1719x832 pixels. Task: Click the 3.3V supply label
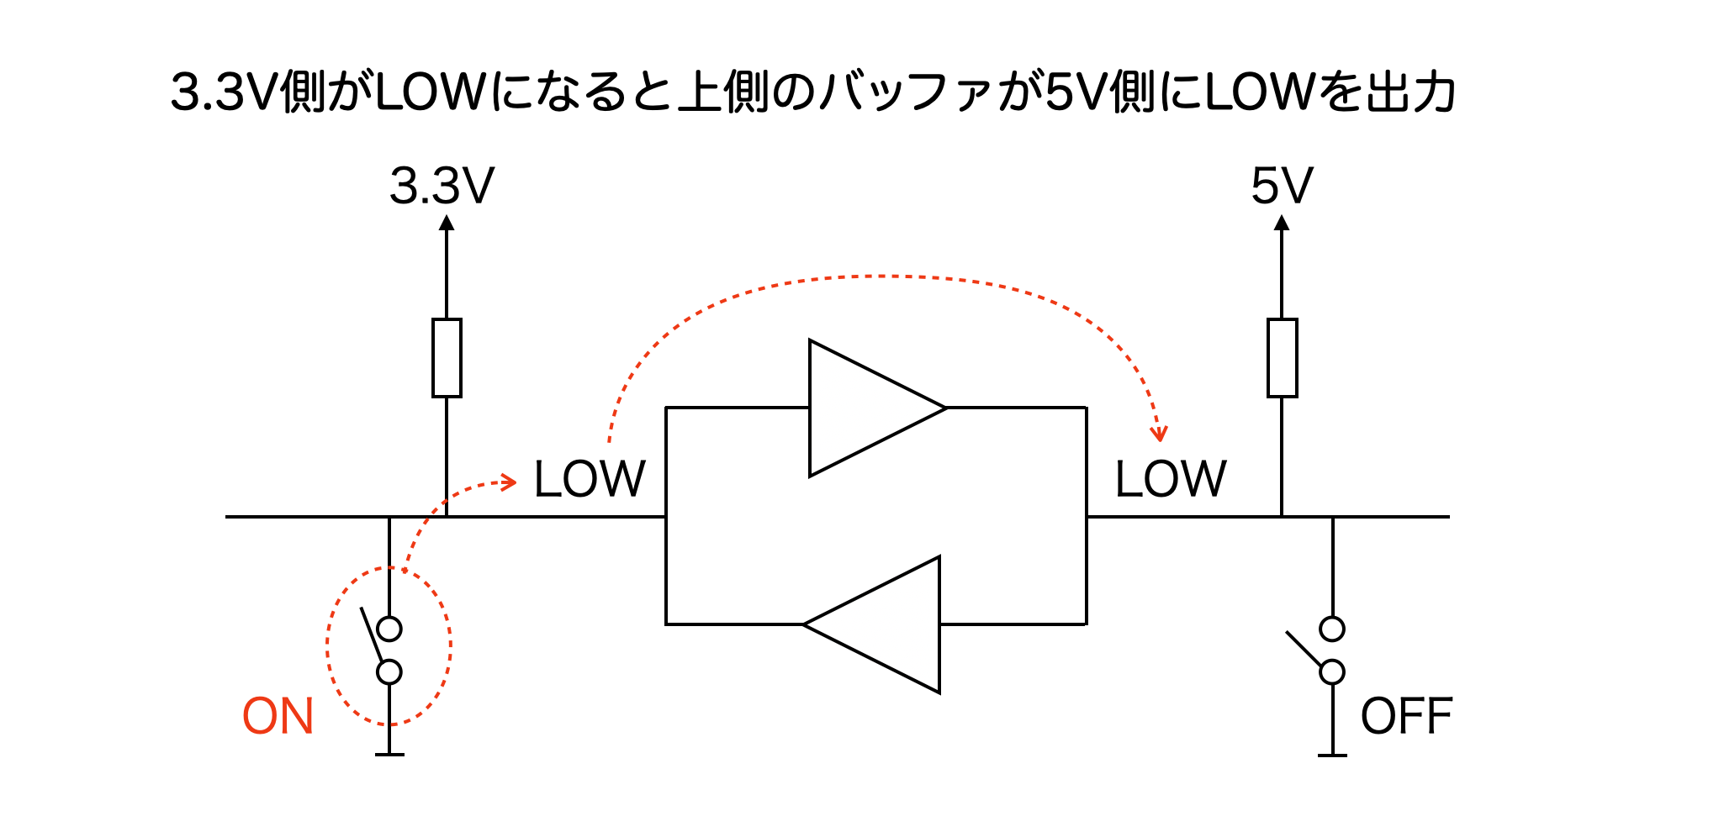(x=442, y=187)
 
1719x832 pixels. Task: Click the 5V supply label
(x=1282, y=187)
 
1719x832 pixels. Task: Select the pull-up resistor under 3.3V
(x=447, y=358)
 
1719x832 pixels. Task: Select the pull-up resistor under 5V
(x=1282, y=358)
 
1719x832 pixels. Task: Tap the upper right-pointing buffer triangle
(x=866, y=408)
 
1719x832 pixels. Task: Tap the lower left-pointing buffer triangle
(x=883, y=624)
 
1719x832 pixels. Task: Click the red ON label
(x=278, y=717)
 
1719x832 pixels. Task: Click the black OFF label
(x=1406, y=717)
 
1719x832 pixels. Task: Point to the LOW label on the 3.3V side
(x=590, y=480)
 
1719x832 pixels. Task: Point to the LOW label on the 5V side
(x=1171, y=480)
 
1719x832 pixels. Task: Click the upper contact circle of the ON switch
(x=389, y=629)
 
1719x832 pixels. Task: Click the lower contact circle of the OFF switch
(x=1332, y=672)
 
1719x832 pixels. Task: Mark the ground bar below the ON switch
(x=389, y=755)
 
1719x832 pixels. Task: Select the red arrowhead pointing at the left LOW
(x=509, y=482)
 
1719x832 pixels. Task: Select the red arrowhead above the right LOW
(x=1160, y=434)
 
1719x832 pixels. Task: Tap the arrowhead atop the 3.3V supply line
(x=447, y=224)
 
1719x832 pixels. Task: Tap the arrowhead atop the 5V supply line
(x=1282, y=224)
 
